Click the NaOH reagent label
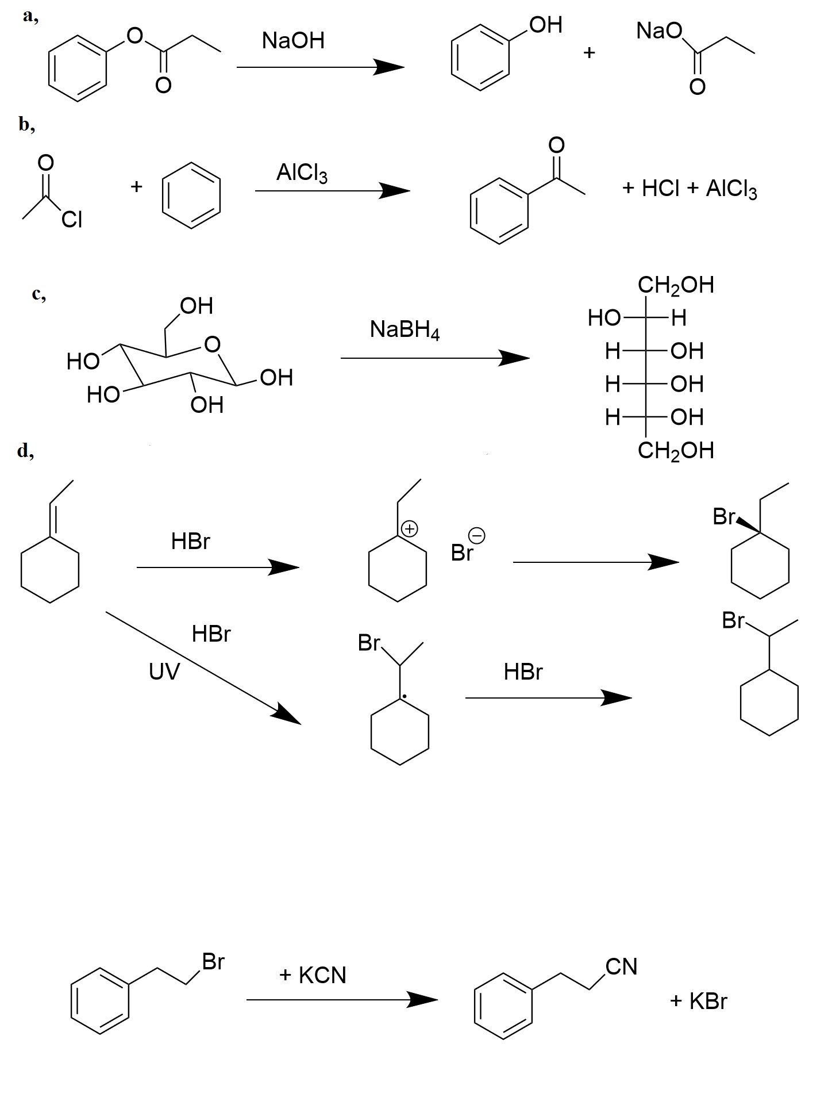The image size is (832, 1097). [293, 41]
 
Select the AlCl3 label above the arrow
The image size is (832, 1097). [302, 172]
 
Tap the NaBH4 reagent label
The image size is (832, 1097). [405, 331]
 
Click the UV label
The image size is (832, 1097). [164, 671]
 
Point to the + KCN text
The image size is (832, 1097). [313, 975]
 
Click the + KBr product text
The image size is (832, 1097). [698, 1001]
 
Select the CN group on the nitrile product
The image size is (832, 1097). [622, 966]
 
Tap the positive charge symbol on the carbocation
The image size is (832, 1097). [409, 528]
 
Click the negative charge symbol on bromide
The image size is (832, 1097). [477, 536]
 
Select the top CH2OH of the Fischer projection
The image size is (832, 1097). [676, 285]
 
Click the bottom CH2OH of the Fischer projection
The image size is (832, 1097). [676, 450]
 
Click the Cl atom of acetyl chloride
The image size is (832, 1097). [72, 220]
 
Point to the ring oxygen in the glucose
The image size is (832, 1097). [212, 344]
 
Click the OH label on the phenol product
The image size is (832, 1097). [546, 25]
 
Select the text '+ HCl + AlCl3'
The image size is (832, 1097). [690, 189]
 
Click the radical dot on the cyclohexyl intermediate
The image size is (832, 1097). [405, 697]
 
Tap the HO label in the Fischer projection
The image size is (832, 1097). [604, 317]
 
